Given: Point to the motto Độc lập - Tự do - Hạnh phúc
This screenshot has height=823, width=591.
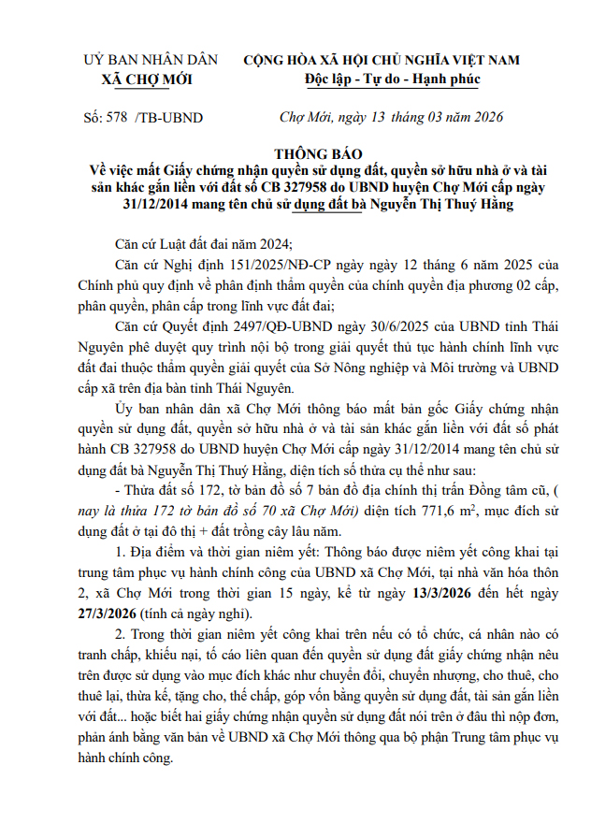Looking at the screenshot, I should point(392,79).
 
